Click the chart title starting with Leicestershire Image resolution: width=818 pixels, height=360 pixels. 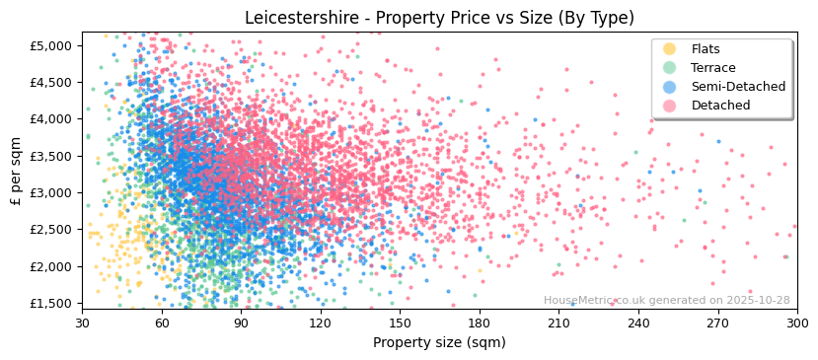(x=439, y=18)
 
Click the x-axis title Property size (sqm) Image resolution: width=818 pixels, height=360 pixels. (x=439, y=342)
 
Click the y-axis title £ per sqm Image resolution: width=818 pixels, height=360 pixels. (x=16, y=171)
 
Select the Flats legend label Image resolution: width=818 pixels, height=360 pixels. (x=706, y=49)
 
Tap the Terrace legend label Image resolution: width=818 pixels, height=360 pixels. (x=712, y=68)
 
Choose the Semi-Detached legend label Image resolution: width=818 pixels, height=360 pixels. (x=738, y=87)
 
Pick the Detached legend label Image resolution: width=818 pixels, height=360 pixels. (x=720, y=106)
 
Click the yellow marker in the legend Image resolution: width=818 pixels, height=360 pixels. (x=670, y=49)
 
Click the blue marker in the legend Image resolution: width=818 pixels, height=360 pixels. (x=670, y=87)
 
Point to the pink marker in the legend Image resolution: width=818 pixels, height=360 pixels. (x=670, y=106)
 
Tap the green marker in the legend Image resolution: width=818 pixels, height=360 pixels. (x=670, y=68)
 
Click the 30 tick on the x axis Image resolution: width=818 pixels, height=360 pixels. (x=83, y=323)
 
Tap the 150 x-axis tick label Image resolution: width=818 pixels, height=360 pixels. (x=400, y=323)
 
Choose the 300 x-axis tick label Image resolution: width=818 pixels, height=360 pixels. (x=796, y=323)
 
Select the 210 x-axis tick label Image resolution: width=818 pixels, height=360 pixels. (x=558, y=323)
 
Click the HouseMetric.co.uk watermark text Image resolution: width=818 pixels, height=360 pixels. (x=666, y=301)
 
